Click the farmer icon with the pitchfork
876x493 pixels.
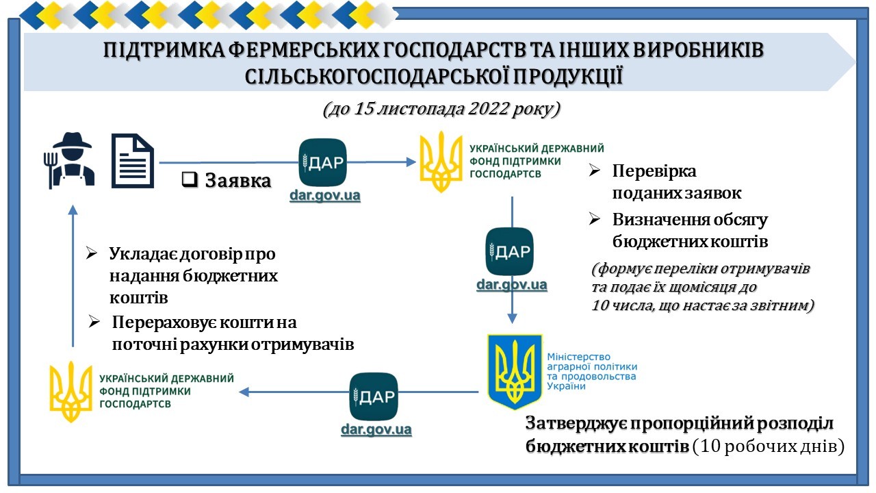pyautogui.click(x=69, y=160)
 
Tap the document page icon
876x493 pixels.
pyautogui.click(x=133, y=161)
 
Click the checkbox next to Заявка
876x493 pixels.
pyautogui.click(x=190, y=179)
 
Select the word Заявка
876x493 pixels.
pyautogui.click(x=237, y=180)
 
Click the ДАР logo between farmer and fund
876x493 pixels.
pyautogui.click(x=322, y=162)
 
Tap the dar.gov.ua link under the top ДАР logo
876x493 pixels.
pyautogui.click(x=324, y=195)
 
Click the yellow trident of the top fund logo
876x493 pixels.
pyautogui.click(x=441, y=161)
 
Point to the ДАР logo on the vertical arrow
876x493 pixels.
pyautogui.click(x=509, y=251)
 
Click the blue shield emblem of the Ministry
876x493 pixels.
pyautogui.click(x=515, y=371)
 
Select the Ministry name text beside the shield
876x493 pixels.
pyautogui.click(x=592, y=371)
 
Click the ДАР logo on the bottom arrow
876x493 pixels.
pyautogui.click(x=374, y=396)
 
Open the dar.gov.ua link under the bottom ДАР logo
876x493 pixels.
pyautogui.click(x=376, y=429)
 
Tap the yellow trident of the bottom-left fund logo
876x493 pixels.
pyautogui.click(x=70, y=391)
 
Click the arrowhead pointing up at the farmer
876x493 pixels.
pyautogui.click(x=73, y=210)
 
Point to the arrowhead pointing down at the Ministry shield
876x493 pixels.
pyautogui.click(x=512, y=318)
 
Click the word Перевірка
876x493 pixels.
pyautogui.click(x=654, y=171)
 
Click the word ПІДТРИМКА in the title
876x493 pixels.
pyautogui.click(x=164, y=51)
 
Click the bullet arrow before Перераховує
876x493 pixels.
pyautogui.click(x=94, y=322)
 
